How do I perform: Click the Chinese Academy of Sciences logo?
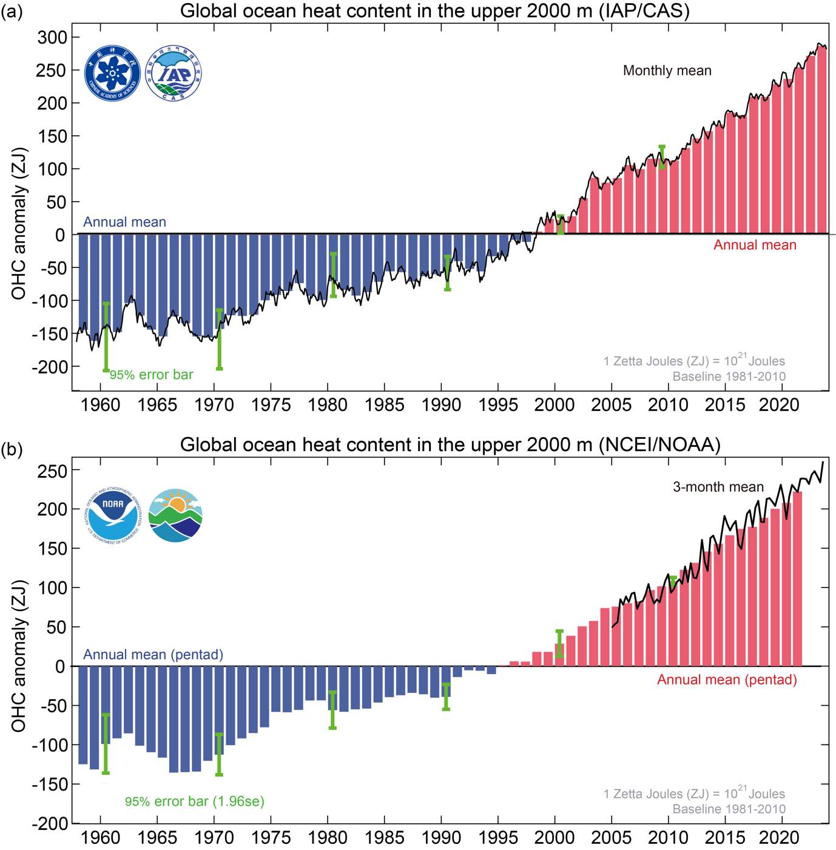pyautogui.click(x=112, y=73)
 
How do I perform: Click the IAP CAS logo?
pyautogui.click(x=174, y=73)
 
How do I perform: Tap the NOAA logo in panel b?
pyautogui.click(x=113, y=516)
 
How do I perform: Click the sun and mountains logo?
pyautogui.click(x=175, y=515)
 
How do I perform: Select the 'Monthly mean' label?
pyautogui.click(x=667, y=71)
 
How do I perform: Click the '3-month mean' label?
pyautogui.click(x=718, y=487)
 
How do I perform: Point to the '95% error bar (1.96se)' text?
pyautogui.click(x=194, y=801)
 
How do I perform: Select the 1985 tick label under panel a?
pyautogui.click(x=384, y=405)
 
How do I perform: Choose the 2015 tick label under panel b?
pyautogui.click(x=724, y=838)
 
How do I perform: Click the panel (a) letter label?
pyautogui.click(x=12, y=11)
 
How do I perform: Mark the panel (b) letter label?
pyautogui.click(x=12, y=449)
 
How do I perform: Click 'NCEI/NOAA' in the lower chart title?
pyautogui.click(x=659, y=445)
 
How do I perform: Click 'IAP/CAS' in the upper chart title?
pyautogui.click(x=644, y=11)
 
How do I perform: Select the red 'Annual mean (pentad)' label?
pyautogui.click(x=727, y=680)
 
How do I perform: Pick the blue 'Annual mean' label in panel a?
pyautogui.click(x=124, y=222)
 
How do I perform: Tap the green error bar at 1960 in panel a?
pyautogui.click(x=106, y=336)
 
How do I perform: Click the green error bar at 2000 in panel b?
pyautogui.click(x=559, y=644)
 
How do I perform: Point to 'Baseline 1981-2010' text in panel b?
pyautogui.click(x=729, y=809)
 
